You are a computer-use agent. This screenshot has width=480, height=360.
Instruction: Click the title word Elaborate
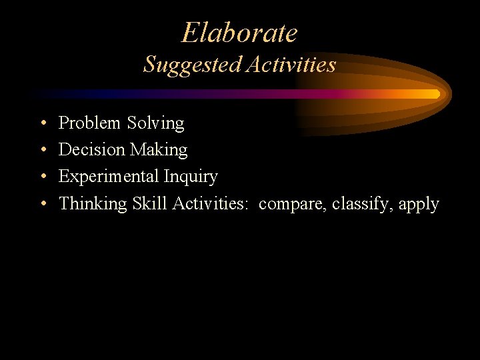pyautogui.click(x=239, y=33)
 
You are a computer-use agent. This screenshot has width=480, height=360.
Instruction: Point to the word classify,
pyautogui.click(x=362, y=204)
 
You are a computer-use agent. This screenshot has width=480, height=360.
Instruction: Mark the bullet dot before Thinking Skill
pyautogui.click(x=42, y=204)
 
